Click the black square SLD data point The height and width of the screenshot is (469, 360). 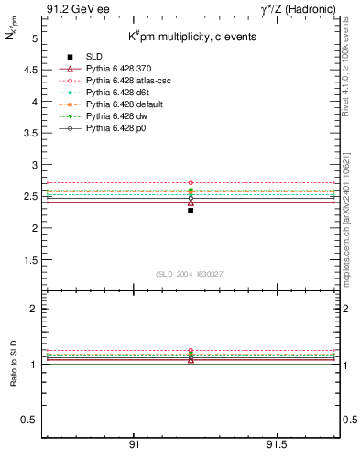pyautogui.click(x=191, y=211)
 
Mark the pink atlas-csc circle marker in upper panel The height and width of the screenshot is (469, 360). pyautogui.click(x=191, y=183)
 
